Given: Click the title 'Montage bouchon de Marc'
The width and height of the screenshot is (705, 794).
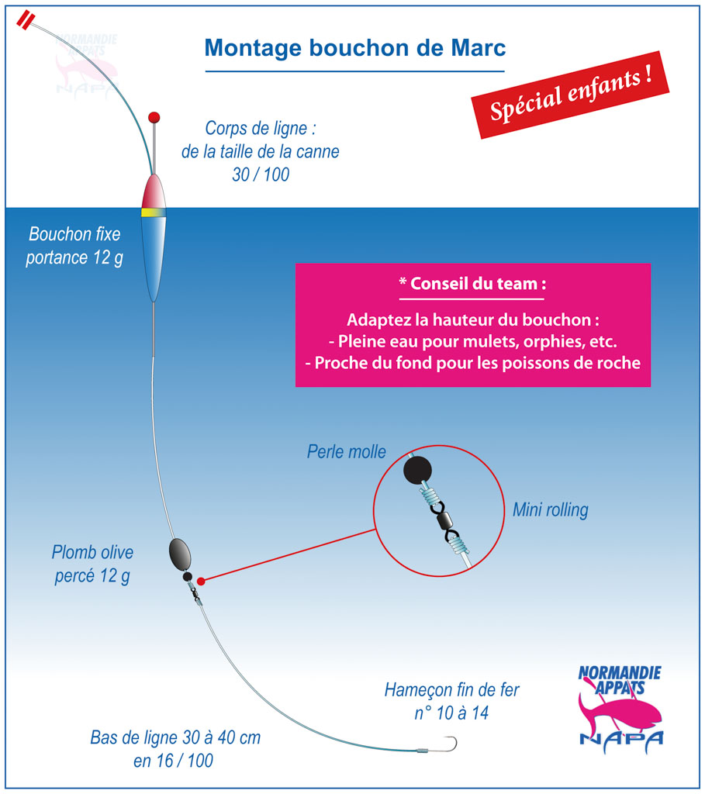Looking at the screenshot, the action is coord(355,48).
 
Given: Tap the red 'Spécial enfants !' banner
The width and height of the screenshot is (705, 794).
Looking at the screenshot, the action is coord(570,95).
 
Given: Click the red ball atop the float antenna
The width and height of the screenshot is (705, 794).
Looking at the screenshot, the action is coord(154,118).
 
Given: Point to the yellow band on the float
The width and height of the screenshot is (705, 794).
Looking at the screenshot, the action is coord(154,212).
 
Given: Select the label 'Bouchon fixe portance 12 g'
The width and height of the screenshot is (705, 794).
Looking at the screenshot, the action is coord(74,246).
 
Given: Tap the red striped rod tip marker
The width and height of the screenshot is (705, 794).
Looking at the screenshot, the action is coord(26,21).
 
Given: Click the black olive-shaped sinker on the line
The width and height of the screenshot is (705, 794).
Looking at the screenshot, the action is coord(180,554).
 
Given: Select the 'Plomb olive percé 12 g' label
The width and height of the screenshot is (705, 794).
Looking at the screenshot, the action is coord(92,564).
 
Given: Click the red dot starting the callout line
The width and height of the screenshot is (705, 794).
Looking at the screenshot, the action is coord(201,582).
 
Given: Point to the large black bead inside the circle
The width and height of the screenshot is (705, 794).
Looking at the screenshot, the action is coord(418,470).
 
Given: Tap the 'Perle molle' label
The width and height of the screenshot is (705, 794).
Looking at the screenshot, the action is coord(347,452).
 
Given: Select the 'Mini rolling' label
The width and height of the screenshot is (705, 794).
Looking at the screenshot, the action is coord(551,510).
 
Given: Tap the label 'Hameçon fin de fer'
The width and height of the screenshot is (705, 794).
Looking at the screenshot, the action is coord(451,689).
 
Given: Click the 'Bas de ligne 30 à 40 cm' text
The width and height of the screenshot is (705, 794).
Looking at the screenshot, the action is coord(175,737).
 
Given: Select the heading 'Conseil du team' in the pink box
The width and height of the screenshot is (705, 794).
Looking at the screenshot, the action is coord(473,284).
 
